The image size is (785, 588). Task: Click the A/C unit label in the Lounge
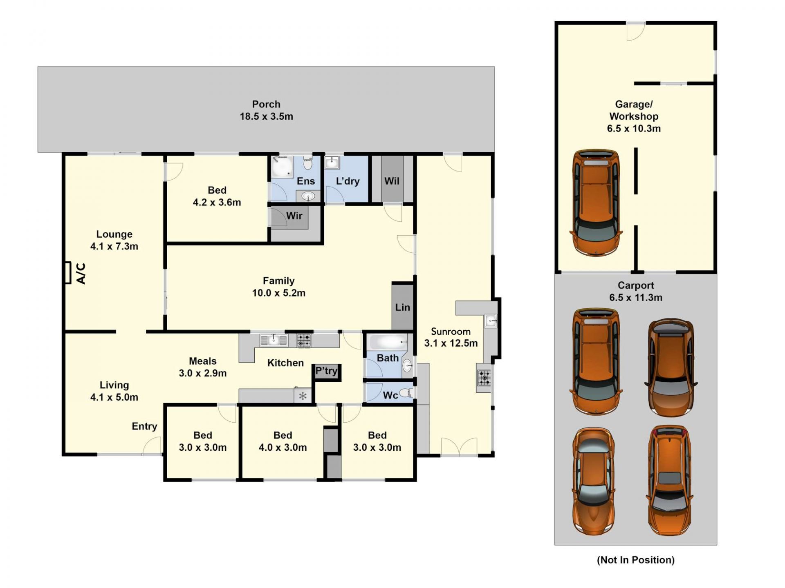[x=81, y=273]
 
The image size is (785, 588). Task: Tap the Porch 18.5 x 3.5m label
[x=266, y=110]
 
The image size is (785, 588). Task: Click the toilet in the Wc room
[x=406, y=393]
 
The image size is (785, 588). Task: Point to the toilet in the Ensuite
[x=308, y=163]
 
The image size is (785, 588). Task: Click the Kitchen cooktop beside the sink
[x=303, y=340]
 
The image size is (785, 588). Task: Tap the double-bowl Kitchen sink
[x=274, y=340]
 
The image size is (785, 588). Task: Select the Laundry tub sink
[x=332, y=162]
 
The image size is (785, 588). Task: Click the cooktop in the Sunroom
[x=484, y=378]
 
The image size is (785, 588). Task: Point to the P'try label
[x=326, y=371]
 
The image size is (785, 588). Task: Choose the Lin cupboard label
[x=402, y=307]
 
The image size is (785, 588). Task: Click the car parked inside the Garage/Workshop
[x=596, y=203]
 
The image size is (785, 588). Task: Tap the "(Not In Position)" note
[x=636, y=560]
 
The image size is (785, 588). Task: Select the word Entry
[x=144, y=426]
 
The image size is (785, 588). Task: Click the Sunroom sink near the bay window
[x=490, y=321]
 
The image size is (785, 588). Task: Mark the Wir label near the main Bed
[x=294, y=216]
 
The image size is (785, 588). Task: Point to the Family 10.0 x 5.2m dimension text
[x=278, y=293]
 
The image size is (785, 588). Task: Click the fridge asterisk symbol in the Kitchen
[x=303, y=396]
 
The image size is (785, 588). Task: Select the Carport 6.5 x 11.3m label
[x=636, y=292]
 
